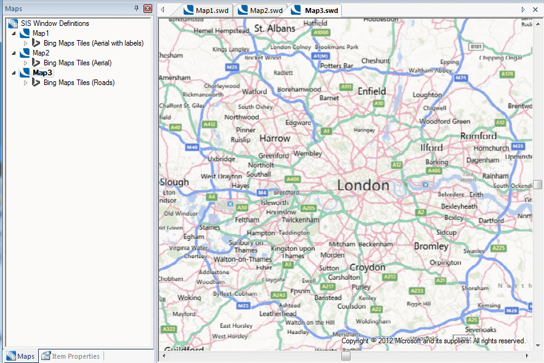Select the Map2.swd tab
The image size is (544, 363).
(261, 10)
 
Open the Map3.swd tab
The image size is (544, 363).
(316, 10)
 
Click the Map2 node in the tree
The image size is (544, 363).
(41, 53)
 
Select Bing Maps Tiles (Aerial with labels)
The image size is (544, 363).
(94, 43)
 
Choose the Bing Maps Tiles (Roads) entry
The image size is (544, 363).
(79, 83)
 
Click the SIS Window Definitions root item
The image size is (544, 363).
(55, 23)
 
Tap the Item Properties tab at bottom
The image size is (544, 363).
(76, 356)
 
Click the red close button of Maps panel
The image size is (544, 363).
(147, 9)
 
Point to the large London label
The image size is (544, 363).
(363, 185)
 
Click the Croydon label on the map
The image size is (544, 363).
(367, 267)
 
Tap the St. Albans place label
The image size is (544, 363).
(275, 28)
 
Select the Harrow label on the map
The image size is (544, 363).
(275, 138)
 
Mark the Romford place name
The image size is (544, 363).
(478, 136)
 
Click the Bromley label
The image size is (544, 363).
(431, 246)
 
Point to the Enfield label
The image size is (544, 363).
(372, 91)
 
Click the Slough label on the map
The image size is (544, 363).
(174, 182)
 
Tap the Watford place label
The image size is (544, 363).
(254, 92)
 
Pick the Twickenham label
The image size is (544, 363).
(301, 219)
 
